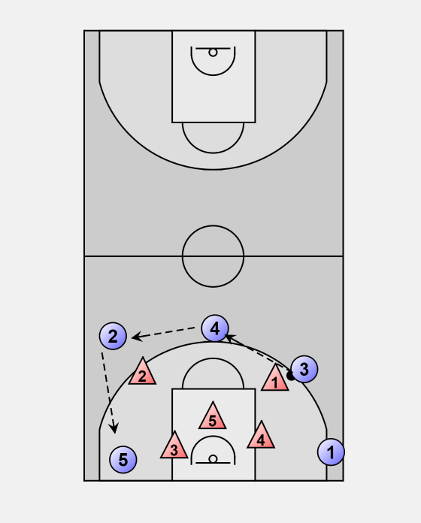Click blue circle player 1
click(x=331, y=452)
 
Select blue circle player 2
click(x=113, y=336)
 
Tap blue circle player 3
click(x=304, y=369)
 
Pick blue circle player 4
click(x=215, y=328)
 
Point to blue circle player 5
click(x=123, y=460)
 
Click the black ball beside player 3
click(x=290, y=376)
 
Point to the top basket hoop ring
click(x=213, y=53)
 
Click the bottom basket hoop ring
click(x=213, y=459)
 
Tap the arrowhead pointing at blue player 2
click(x=136, y=337)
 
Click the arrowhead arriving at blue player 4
click(x=229, y=337)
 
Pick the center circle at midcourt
click(x=213, y=225)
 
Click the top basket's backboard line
click(x=213, y=49)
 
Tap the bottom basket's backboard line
click(x=213, y=463)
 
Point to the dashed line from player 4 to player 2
click(x=163, y=333)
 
